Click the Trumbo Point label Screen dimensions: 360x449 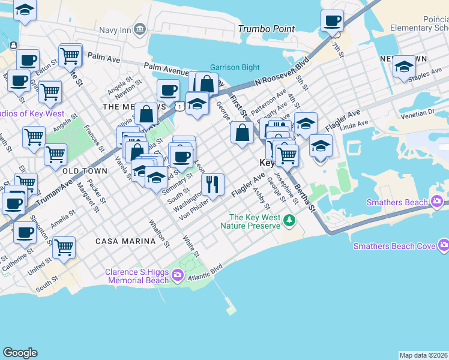pos(267,29)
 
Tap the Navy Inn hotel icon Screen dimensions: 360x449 pos(140,28)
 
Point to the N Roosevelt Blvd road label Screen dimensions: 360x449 pos(281,71)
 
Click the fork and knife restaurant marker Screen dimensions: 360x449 pos(212,184)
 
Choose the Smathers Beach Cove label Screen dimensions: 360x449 pos(394,246)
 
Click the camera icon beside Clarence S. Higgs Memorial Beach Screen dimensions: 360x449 pos(178,275)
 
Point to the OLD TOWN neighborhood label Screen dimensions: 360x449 pos(85,171)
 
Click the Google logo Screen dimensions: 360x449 pos(20,353)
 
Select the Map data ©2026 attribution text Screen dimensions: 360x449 pos(423,355)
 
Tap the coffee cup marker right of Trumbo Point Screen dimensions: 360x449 pos(332,22)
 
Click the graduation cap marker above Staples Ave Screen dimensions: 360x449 pos(404,66)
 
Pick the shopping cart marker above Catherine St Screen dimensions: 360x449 pos(64,247)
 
